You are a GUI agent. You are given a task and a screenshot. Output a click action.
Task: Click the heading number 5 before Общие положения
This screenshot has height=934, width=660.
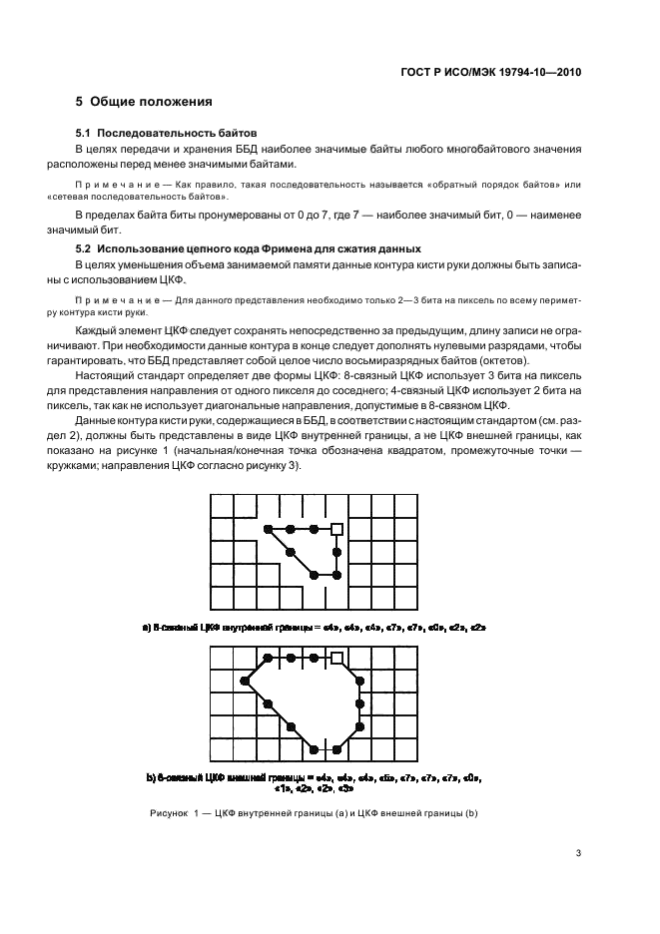pyautogui.click(x=80, y=102)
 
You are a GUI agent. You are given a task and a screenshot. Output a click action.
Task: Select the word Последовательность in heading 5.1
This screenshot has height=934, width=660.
pyautogui.click(x=157, y=133)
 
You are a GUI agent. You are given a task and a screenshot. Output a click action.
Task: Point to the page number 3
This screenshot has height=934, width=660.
pyautogui.click(x=578, y=852)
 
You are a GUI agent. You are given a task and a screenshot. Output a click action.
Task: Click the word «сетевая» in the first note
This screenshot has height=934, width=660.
pyautogui.click(x=96, y=198)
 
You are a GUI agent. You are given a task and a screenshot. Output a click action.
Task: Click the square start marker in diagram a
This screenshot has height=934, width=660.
pyautogui.click(x=336, y=528)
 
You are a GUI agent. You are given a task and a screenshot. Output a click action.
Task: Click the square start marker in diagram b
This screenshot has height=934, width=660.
pyautogui.click(x=337, y=657)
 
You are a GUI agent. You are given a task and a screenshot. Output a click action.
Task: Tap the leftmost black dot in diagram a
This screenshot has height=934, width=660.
pyautogui.click(x=267, y=528)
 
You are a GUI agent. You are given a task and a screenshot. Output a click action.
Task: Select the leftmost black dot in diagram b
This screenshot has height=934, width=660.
pyautogui.click(x=245, y=681)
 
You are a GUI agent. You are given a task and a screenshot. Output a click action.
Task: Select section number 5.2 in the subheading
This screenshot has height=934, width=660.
pyautogui.click(x=86, y=248)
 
